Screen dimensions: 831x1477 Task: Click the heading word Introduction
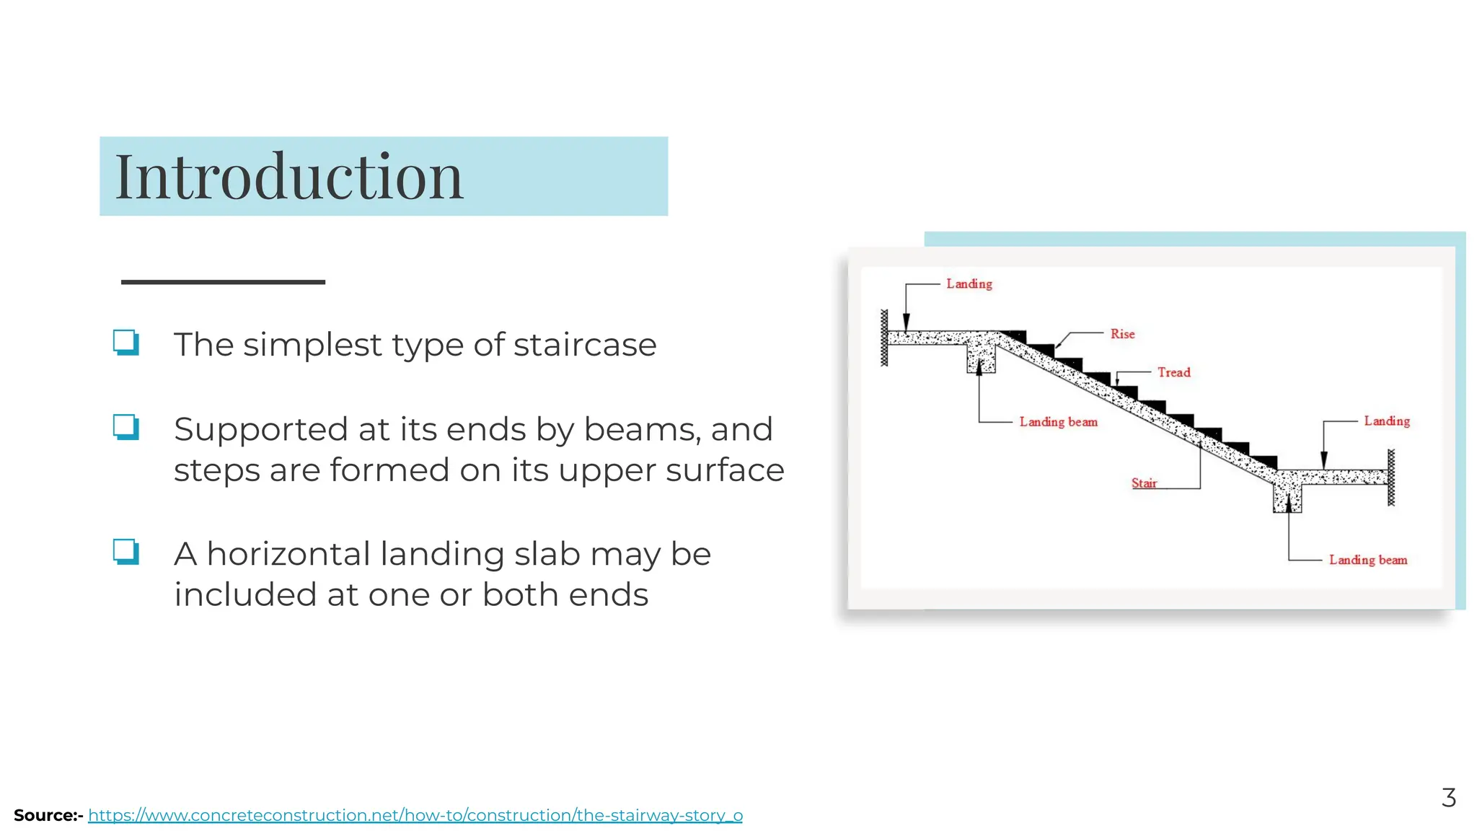pos(288,177)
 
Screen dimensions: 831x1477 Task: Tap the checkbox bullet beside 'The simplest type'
pos(125,342)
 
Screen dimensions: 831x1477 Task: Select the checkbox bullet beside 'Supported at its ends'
pos(125,427)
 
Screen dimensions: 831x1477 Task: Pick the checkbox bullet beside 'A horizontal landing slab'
pos(125,552)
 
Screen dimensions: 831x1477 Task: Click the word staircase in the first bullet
pos(585,345)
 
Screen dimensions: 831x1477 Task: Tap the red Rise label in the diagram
pos(1122,334)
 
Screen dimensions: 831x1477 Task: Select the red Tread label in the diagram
pos(1173,372)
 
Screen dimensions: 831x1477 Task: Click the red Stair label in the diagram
pos(1144,483)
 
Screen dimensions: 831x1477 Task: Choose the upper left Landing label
pos(969,284)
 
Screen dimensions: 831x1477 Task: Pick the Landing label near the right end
pos(1386,421)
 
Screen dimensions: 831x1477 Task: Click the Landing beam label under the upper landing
pos(1058,422)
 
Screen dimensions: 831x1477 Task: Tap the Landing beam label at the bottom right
pos(1367,560)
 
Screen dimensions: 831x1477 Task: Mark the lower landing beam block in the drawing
pos(1287,498)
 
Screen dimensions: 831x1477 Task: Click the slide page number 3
pos(1448,798)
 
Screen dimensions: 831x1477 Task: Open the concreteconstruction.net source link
pos(415,816)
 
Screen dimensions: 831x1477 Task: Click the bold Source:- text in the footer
pos(48,816)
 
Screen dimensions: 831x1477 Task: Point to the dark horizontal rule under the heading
pos(223,282)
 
